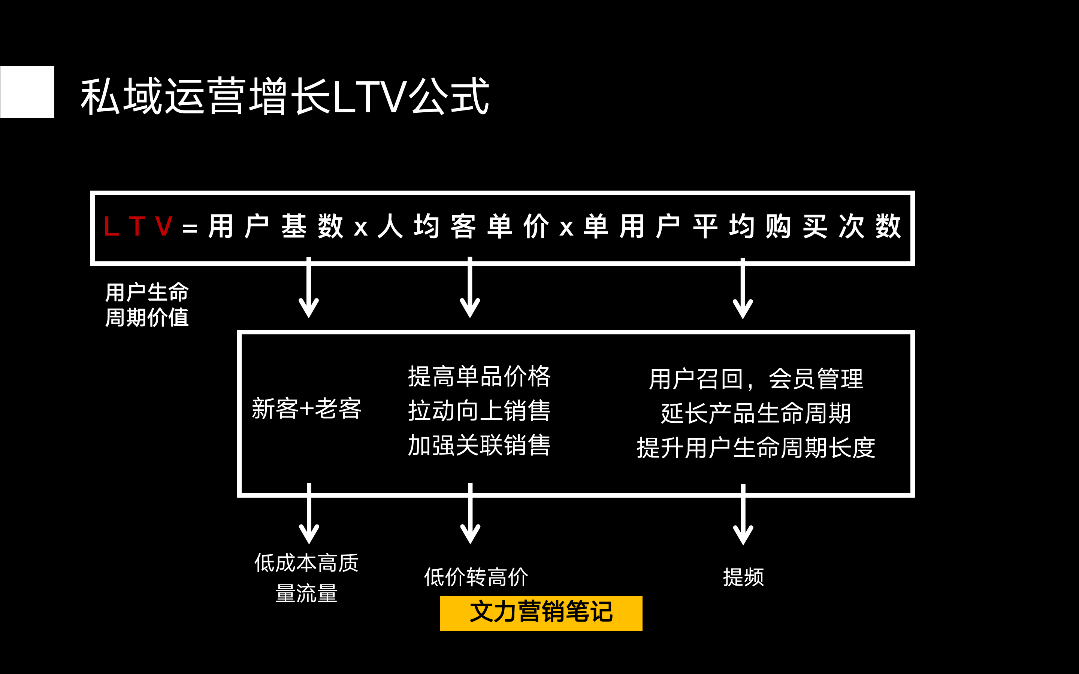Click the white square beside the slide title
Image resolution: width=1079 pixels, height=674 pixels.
point(27,92)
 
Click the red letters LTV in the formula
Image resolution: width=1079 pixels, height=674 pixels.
point(138,227)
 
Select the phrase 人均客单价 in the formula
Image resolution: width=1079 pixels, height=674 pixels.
point(463,227)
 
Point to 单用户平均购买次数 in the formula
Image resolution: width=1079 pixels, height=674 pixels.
point(742,227)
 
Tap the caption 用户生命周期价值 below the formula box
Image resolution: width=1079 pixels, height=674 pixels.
point(147,305)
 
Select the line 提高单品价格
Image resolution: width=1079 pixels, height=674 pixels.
point(479,376)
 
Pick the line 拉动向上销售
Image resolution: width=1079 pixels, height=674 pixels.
point(479,410)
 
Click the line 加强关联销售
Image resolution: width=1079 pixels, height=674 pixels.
point(479,445)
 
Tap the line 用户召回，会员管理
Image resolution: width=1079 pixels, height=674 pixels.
point(756,379)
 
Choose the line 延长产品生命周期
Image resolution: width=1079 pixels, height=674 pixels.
point(756,413)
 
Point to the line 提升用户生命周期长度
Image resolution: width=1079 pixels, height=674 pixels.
point(756,447)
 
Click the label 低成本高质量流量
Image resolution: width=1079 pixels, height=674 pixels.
point(307,578)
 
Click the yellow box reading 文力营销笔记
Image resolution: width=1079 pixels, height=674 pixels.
point(541,613)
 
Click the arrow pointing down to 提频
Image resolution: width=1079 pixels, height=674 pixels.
point(743,515)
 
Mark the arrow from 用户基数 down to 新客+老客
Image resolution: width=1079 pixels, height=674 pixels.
point(309,288)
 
